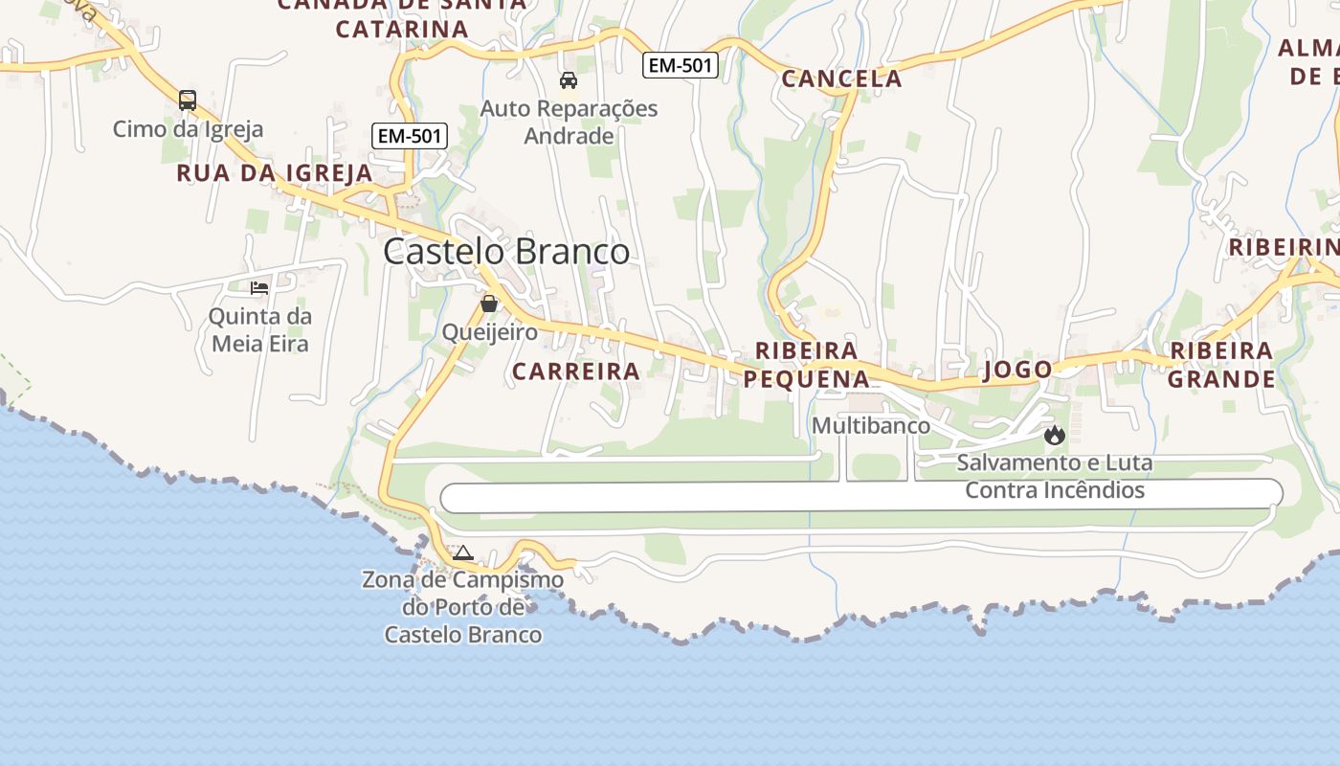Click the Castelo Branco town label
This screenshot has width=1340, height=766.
tap(506, 252)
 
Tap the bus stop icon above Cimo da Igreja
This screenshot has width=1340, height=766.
tap(188, 100)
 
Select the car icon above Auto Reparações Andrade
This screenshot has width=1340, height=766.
tap(569, 80)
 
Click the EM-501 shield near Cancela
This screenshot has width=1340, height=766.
tap(680, 65)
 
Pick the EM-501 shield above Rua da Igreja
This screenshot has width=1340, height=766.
tap(410, 136)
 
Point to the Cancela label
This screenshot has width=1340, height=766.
tap(841, 79)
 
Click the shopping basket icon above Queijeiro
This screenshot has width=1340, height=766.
tap(489, 304)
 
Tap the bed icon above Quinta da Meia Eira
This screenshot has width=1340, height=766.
tap(259, 287)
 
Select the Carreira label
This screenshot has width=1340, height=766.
tap(575, 372)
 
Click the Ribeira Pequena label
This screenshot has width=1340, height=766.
tap(807, 365)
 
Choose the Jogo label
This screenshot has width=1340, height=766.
tap(1017, 370)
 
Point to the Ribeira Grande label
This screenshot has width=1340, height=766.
tap(1221, 365)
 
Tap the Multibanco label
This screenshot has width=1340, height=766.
tap(871, 425)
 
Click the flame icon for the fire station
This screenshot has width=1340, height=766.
tap(1055, 436)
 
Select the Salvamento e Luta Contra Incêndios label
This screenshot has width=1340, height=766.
tap(1055, 477)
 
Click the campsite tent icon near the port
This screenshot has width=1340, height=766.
tap(463, 552)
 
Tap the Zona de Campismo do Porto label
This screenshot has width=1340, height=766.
tap(463, 607)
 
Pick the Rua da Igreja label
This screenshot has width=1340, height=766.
tap(275, 173)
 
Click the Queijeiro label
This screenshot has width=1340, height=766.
tap(489, 331)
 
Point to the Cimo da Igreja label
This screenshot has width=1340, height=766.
tap(188, 128)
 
